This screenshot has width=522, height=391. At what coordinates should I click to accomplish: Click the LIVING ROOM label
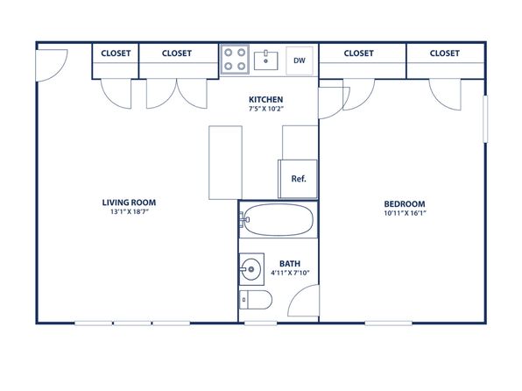click(129, 203)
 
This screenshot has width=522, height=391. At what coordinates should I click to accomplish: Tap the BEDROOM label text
click(405, 204)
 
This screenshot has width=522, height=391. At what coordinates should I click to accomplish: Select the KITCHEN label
click(265, 99)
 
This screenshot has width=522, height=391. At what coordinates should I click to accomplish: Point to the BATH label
click(290, 264)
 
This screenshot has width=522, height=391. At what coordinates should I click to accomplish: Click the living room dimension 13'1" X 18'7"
click(129, 211)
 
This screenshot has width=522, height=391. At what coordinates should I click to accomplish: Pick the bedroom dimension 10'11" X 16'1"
click(405, 213)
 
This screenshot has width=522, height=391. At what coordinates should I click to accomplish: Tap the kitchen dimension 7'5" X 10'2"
click(265, 109)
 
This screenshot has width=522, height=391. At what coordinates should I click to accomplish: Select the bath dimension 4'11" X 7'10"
click(290, 273)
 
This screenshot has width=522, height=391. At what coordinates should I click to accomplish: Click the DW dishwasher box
click(300, 60)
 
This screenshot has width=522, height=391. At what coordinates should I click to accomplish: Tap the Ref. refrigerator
click(298, 179)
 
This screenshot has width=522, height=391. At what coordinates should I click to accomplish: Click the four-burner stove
click(235, 60)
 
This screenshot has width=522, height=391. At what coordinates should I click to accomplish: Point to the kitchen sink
click(266, 60)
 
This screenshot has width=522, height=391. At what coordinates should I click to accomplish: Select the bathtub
click(278, 219)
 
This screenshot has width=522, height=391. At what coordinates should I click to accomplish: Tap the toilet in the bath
click(256, 300)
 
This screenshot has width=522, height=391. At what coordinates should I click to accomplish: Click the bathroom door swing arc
click(296, 294)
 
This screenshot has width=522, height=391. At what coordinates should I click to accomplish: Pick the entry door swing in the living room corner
click(60, 72)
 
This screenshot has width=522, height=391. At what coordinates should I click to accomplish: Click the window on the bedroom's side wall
click(485, 119)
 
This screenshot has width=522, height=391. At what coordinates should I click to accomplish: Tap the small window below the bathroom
click(261, 323)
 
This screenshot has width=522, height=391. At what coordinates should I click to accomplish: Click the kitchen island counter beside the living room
click(225, 163)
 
